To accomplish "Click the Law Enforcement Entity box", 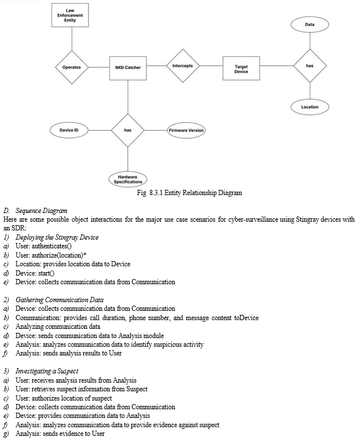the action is [70, 15].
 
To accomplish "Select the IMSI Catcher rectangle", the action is [128, 68].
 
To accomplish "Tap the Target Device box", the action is [241, 68].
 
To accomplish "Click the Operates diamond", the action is [72, 67].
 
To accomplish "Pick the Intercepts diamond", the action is [183, 65].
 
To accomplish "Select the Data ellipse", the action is [310, 25].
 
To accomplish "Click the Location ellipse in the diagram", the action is [310, 107].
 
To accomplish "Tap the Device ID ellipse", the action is [69, 130].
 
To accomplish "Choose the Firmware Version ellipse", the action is [186, 131].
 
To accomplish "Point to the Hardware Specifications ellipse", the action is [128, 179].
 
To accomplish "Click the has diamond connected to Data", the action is [310, 65].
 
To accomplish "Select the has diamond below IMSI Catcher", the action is [128, 130].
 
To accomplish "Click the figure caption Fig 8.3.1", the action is [189, 193].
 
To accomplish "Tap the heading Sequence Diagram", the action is [41, 211].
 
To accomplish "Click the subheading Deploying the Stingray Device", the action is [57, 237].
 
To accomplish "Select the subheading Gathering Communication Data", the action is [60, 300].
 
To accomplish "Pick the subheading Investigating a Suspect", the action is [47, 371].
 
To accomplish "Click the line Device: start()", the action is [35, 273].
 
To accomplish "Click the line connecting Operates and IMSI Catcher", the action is [99, 67].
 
